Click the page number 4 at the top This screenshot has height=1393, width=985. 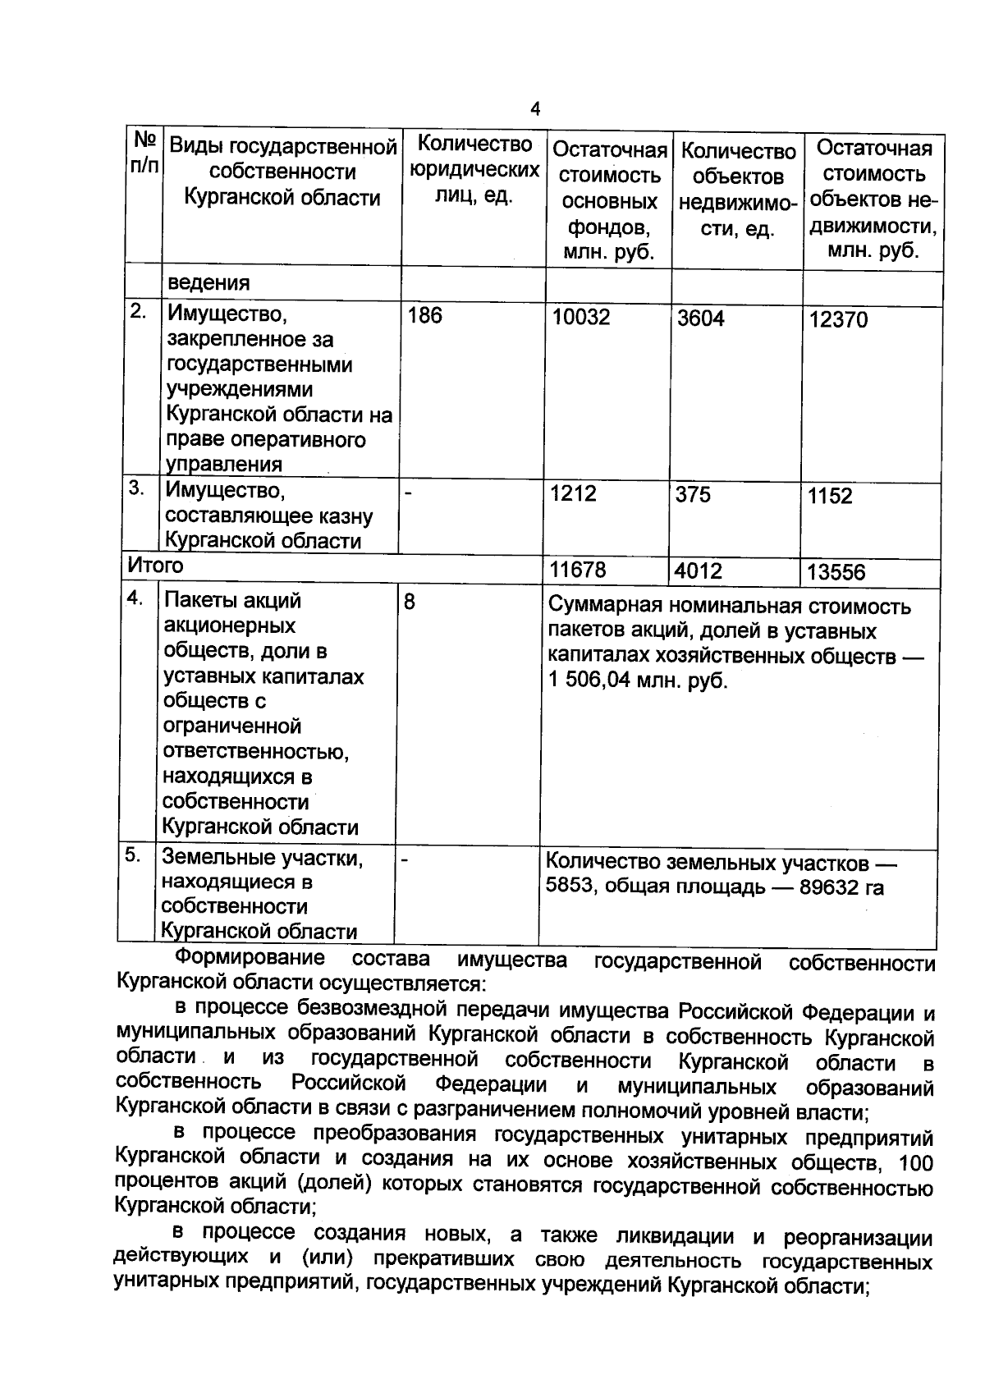click(535, 109)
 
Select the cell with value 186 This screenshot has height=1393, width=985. click(424, 315)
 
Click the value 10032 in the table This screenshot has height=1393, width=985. click(580, 318)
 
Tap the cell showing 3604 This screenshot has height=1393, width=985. click(700, 318)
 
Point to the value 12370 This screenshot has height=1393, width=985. click(837, 320)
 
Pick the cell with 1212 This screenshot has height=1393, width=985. click(573, 493)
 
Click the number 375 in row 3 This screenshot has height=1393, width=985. click(693, 495)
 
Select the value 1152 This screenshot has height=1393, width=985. click(830, 496)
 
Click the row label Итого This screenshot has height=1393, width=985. click(155, 566)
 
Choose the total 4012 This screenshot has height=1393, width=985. click(698, 570)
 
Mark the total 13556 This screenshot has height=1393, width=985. click(836, 572)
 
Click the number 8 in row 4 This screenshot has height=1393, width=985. click(409, 603)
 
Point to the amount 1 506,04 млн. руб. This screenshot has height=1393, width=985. click(638, 681)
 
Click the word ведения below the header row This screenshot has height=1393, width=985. click(208, 283)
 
